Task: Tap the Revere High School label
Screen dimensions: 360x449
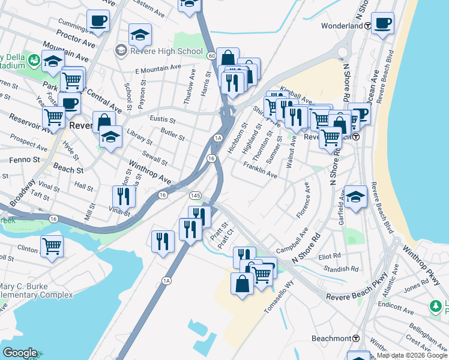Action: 166,51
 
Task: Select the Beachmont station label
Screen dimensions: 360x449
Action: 331,338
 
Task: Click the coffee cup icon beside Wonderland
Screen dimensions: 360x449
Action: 382,24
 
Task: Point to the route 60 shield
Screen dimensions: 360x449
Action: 212,55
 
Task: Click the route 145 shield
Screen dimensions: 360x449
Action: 195,196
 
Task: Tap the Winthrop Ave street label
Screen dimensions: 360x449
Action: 148,173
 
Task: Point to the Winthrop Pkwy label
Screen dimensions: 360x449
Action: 423,259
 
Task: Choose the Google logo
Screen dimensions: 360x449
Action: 20,353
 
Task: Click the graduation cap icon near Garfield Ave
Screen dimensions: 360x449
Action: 355,197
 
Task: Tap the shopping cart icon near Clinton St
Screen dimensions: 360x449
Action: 52,246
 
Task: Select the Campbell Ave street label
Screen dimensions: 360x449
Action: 292,240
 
